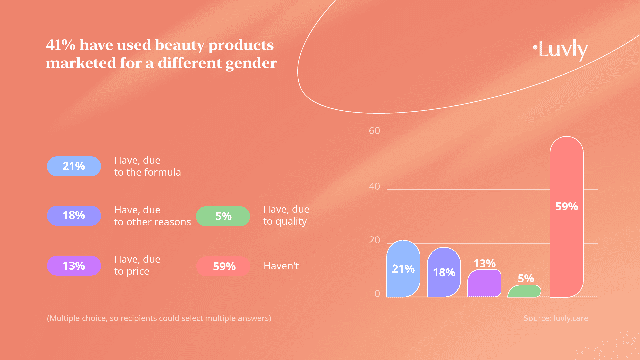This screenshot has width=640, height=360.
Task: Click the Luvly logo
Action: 561,49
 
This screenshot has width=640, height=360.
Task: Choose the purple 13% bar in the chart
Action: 484,283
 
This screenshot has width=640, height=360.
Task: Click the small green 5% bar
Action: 524,291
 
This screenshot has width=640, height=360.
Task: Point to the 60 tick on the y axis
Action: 374,131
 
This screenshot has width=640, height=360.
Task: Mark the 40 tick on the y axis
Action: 374,186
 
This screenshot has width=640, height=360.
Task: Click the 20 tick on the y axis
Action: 374,240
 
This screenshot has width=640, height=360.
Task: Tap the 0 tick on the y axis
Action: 377,294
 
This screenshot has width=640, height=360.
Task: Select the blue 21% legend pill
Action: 74,166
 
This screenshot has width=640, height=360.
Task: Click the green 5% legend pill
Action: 223,216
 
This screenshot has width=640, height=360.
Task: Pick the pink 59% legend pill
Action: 223,266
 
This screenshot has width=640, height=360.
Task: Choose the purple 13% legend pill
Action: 74,266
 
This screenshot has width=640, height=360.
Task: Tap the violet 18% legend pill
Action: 74,216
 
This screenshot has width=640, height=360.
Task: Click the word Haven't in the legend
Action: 281,266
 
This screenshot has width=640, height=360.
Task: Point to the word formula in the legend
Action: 163,172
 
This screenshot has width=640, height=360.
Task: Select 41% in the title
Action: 61,45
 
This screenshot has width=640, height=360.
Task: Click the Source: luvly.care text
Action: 556,318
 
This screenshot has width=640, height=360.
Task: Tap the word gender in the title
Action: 251,63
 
